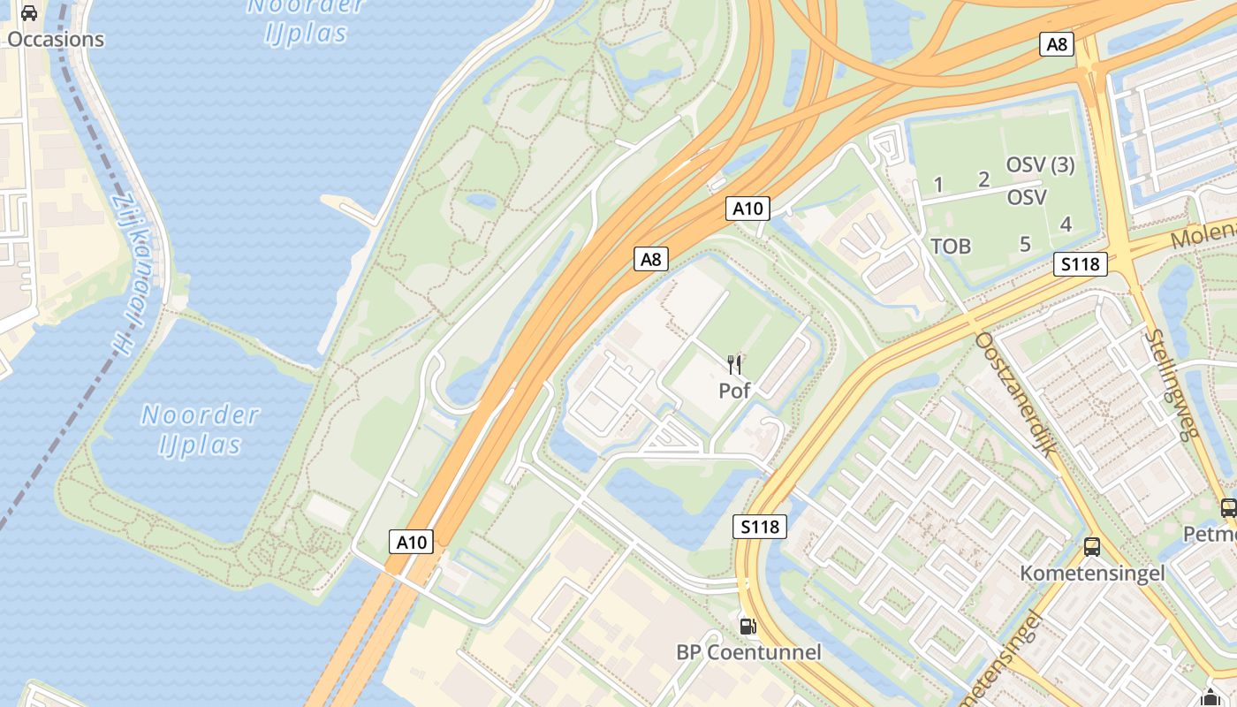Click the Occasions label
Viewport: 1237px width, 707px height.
[56, 40]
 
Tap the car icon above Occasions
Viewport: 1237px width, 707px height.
[29, 12]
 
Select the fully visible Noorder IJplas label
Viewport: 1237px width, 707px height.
[201, 429]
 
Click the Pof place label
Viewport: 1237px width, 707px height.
[734, 390]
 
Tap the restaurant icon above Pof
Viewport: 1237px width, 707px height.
[734, 363]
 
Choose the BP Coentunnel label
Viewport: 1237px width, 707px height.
[748, 652]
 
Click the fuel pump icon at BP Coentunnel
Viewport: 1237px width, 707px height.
[748, 626]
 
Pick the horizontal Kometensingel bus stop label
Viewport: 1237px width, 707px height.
[1092, 573]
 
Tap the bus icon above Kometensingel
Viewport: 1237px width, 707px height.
[1092, 546]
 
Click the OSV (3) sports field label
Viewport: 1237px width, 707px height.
[1040, 164]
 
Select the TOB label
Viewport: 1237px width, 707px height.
[951, 246]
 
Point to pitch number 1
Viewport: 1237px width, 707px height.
[938, 184]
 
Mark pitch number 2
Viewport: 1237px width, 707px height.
[983, 179]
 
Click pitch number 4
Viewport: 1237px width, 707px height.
[1066, 224]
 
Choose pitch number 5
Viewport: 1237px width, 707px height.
[1025, 244]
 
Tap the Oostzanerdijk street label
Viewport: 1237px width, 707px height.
[1017, 393]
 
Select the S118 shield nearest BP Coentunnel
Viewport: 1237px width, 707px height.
[760, 527]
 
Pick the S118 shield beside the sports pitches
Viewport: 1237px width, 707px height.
[1081, 263]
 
